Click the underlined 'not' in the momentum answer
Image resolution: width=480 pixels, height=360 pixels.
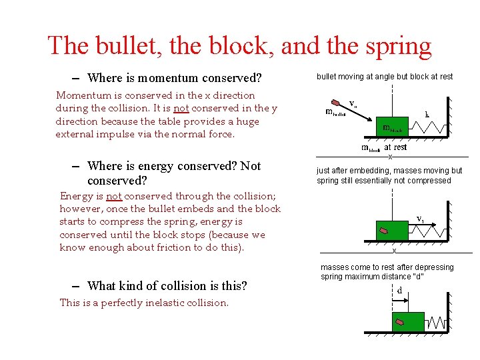[181, 108]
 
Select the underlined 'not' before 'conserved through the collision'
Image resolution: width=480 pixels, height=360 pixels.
[113, 196]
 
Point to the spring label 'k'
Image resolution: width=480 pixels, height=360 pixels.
[427, 114]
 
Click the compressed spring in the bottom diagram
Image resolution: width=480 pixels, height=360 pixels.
[436, 323]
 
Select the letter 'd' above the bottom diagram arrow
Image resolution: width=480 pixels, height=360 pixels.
[399, 291]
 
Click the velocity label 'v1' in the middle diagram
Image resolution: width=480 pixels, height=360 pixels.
[421, 219]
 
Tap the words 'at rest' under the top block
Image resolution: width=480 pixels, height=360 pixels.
[395, 147]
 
